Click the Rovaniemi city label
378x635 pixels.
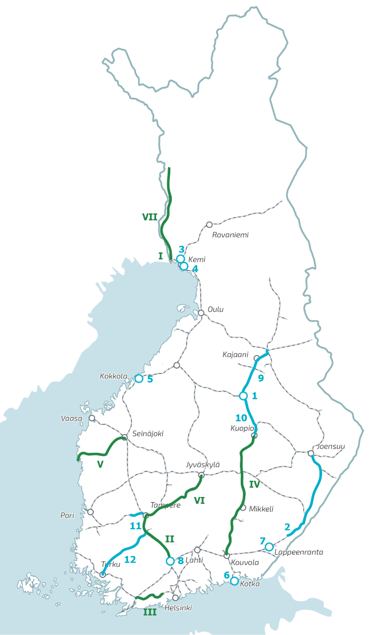(230, 235)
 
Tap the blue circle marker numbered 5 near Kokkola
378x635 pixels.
(139, 378)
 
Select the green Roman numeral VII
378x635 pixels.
(150, 217)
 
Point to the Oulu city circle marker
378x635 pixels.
(201, 313)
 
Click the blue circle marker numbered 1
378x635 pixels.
(243, 396)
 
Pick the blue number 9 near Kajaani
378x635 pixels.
(261, 378)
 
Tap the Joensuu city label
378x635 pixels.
(331, 446)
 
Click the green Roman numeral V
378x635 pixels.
(100, 464)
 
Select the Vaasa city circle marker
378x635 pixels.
(91, 418)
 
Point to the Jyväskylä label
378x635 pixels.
(203, 464)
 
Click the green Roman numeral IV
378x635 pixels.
(254, 484)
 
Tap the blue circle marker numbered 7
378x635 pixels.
(269, 547)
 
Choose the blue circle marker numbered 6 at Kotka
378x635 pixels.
(234, 581)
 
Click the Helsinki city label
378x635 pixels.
(178, 608)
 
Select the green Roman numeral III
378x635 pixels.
(150, 612)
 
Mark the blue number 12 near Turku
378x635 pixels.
(130, 559)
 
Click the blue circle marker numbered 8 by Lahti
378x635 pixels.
(170, 561)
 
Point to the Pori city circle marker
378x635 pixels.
(90, 512)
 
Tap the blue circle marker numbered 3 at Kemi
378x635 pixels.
(181, 259)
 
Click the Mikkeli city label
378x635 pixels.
(261, 509)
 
